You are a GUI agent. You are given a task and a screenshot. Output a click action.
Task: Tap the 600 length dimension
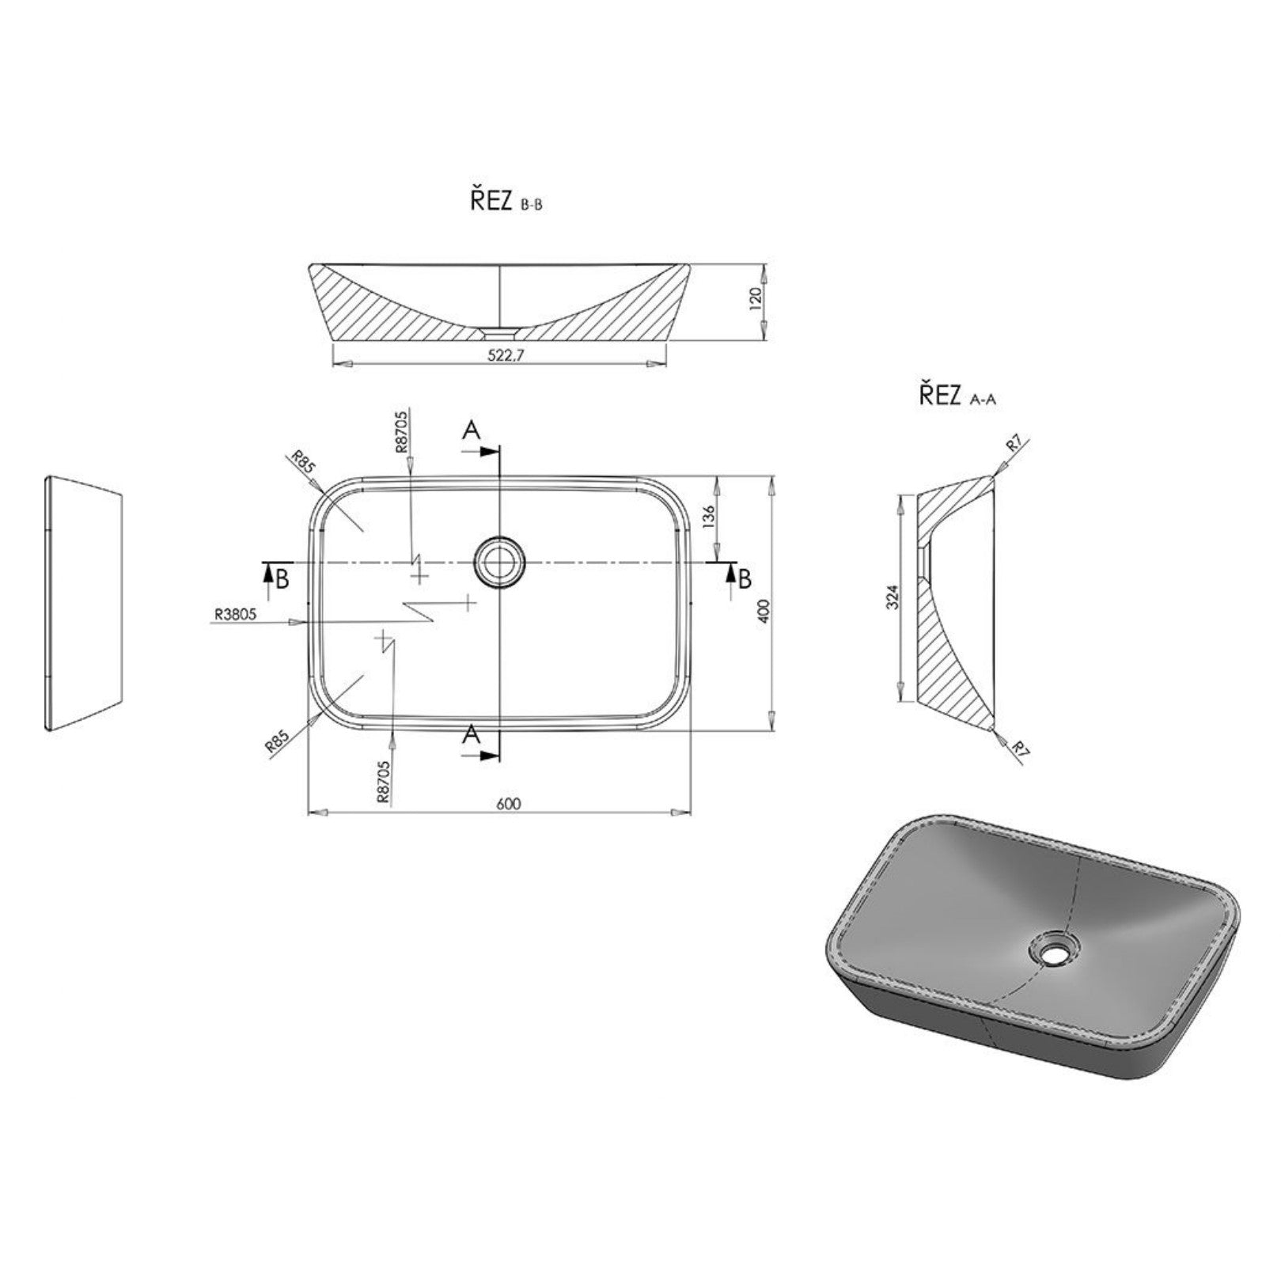click(509, 803)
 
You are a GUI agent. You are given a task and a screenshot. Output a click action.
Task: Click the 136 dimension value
click(708, 516)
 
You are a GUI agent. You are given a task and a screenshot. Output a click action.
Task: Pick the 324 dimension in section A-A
click(893, 597)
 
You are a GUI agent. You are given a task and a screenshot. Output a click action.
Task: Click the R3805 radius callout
click(235, 613)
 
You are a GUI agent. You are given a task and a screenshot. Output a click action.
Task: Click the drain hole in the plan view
click(499, 561)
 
